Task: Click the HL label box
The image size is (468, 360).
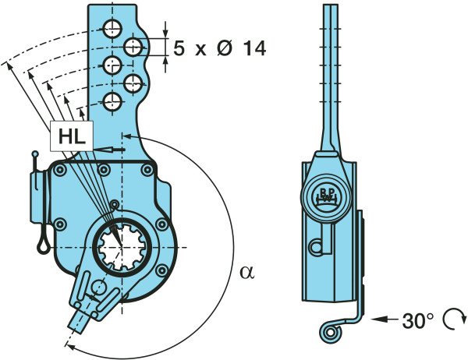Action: coord(71,136)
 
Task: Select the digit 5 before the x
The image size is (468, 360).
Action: coord(179,48)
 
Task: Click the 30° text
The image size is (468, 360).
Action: coord(417,319)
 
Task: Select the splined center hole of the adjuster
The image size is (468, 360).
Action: coord(117,245)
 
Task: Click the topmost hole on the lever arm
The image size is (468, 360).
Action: coord(112,30)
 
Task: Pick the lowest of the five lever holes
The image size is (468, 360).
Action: coord(112,100)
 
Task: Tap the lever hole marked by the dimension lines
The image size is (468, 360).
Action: coord(133,47)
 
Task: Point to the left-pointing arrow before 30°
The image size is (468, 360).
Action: coord(382,319)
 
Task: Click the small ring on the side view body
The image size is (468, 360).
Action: coord(316,246)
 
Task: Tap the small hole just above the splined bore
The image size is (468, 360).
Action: coord(115,205)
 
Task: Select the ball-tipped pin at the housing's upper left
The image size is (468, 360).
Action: coord(35,156)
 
